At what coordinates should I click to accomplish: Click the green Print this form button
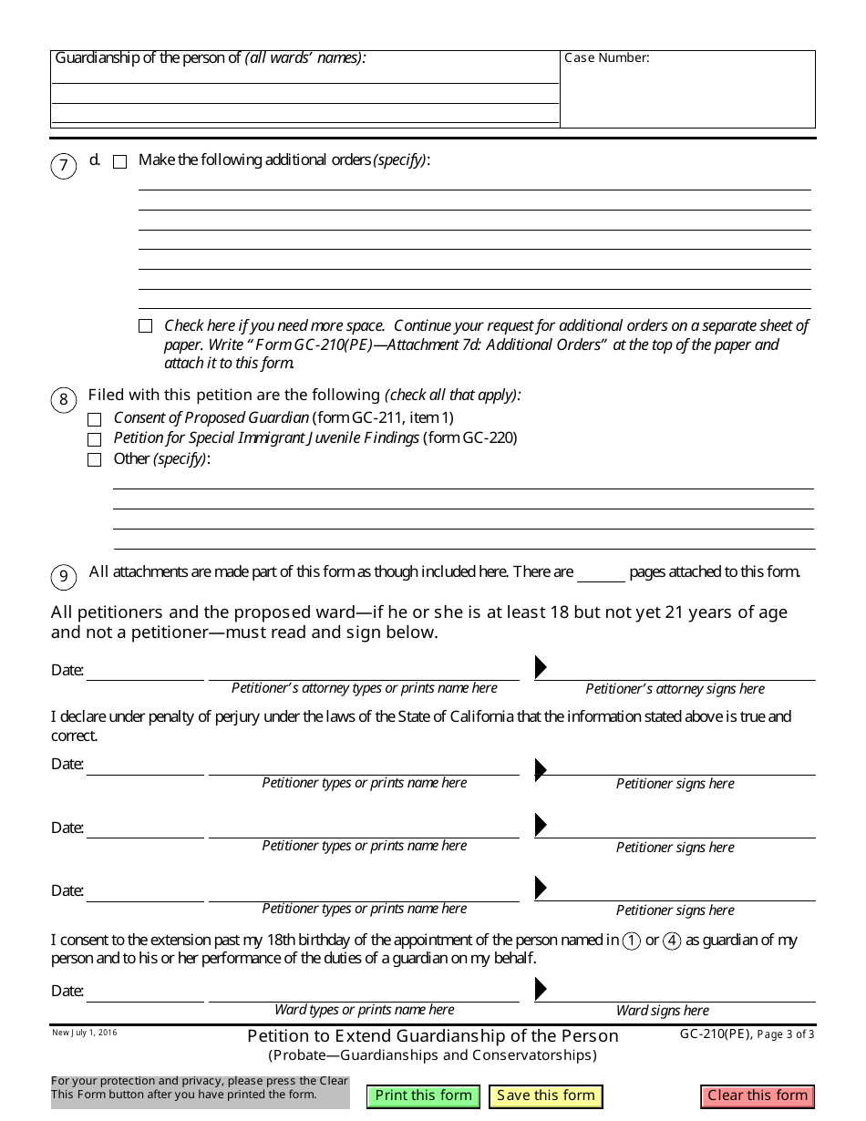(x=424, y=1096)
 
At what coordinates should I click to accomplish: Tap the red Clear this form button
(x=758, y=1096)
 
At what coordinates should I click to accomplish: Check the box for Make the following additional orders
(x=120, y=162)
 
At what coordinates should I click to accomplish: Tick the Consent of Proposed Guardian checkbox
(x=95, y=420)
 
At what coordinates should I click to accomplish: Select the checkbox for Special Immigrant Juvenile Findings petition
(x=95, y=440)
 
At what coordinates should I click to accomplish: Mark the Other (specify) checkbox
(x=95, y=460)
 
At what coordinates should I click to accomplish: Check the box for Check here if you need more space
(x=146, y=326)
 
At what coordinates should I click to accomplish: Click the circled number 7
(x=64, y=167)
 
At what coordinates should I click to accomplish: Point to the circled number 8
(x=64, y=399)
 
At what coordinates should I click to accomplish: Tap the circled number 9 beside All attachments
(x=64, y=576)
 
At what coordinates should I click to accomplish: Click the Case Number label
(x=607, y=58)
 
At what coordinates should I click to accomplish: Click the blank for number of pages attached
(x=601, y=574)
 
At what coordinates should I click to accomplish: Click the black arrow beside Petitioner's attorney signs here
(x=541, y=667)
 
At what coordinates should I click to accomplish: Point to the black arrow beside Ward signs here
(x=541, y=989)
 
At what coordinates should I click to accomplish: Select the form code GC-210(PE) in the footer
(x=716, y=1034)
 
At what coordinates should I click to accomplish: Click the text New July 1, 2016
(x=85, y=1033)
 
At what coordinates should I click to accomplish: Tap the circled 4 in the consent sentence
(x=672, y=941)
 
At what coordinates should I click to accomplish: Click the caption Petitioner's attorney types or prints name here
(x=365, y=688)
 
